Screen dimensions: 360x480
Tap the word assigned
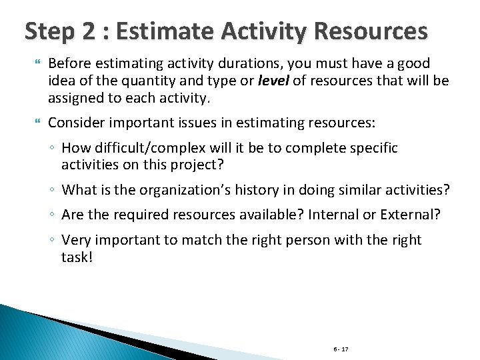click(76, 99)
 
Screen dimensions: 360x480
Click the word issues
click(190, 123)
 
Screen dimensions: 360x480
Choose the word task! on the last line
click(77, 257)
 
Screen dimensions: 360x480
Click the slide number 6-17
click(341, 349)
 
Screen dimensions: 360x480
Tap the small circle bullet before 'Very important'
click(53, 240)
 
